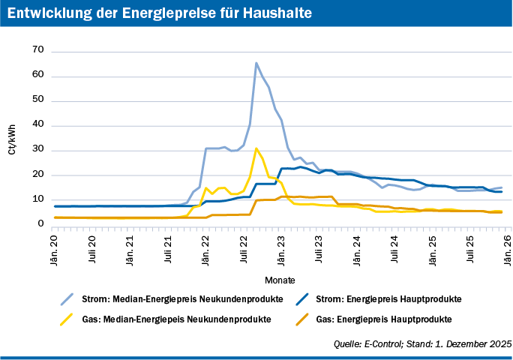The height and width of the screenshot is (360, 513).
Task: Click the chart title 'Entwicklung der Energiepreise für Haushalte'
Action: pos(158,14)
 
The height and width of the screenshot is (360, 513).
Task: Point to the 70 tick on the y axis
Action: pos(39,49)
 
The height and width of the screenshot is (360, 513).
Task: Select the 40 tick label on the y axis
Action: pos(39,124)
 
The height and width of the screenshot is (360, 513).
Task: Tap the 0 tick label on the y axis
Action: pos(41,223)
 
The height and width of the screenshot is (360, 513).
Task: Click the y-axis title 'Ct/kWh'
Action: pos(12,139)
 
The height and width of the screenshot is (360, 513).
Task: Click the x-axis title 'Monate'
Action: pos(280,280)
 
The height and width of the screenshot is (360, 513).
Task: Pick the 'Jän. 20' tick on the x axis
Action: pos(55,248)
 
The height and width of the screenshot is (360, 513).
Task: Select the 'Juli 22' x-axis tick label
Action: pos(244,248)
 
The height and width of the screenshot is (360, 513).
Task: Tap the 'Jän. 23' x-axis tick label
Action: pos(282,248)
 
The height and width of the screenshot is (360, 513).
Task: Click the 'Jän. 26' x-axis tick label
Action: pos(508,248)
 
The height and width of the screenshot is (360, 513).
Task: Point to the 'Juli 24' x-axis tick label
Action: pos(394,248)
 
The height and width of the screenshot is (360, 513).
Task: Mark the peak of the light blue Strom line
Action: pos(256,63)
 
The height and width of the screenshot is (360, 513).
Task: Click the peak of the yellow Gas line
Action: pos(256,148)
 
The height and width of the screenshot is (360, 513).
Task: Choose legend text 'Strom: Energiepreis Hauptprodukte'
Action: pos(388,298)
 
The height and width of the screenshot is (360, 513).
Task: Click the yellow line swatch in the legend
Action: pos(70,319)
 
